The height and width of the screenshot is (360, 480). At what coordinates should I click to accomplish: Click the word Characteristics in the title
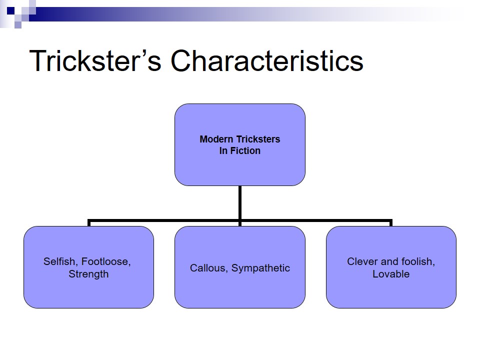coord(267,61)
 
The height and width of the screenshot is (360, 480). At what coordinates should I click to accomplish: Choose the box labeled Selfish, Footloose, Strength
coord(88,290)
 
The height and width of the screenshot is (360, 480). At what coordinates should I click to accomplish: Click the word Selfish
coord(59,261)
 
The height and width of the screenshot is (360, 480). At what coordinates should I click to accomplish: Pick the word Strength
coord(88,274)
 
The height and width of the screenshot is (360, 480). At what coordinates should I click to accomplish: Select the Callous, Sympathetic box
coord(239,290)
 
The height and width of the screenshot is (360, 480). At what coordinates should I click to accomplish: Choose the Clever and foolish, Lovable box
coord(391,290)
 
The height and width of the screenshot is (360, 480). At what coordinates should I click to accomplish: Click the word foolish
coord(417,261)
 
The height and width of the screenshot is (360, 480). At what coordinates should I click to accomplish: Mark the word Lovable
coord(391,274)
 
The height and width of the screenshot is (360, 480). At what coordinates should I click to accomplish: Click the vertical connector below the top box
coord(240,202)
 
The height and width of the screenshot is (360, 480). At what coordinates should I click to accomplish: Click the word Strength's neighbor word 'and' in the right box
coord(389,261)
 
